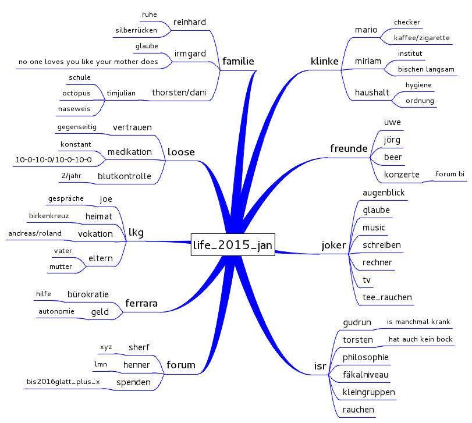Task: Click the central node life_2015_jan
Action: tap(233, 245)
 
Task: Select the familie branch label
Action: tap(238, 61)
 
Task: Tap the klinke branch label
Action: tap(325, 61)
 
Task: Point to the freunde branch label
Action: tap(349, 148)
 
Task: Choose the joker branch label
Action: tap(333, 245)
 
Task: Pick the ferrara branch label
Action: tap(141, 303)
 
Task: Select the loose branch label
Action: tap(181, 152)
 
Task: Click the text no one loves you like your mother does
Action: tap(88, 61)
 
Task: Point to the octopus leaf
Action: tap(76, 93)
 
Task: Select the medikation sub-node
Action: tap(129, 152)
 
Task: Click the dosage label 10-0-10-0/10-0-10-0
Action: tap(53, 159)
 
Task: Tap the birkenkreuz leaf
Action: tap(49, 216)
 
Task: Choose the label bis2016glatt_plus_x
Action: tap(59, 382)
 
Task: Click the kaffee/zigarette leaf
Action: tap(421, 38)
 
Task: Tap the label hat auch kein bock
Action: tap(420, 339)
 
